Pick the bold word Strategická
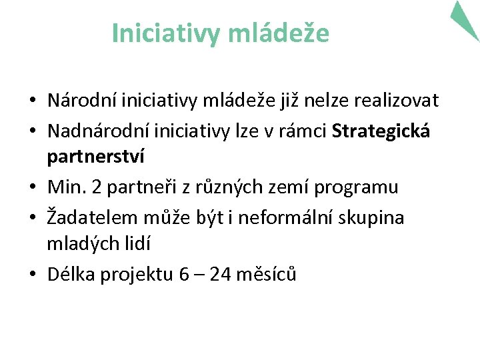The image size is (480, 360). click(x=381, y=131)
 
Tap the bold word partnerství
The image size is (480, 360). click(x=95, y=157)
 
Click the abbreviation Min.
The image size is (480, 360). click(x=66, y=187)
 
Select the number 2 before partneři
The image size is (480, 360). click(x=97, y=187)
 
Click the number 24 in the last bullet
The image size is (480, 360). click(x=221, y=274)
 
